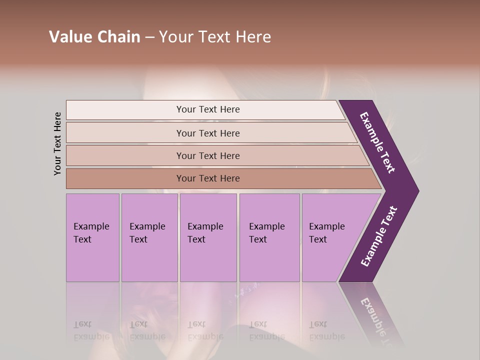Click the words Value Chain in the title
(x=94, y=37)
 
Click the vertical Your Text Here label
(x=58, y=143)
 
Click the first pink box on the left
(x=92, y=260)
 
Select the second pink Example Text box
(x=149, y=260)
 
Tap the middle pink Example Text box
(x=208, y=260)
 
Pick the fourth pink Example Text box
(x=269, y=260)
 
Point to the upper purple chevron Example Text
(x=378, y=142)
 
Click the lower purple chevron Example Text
(x=379, y=236)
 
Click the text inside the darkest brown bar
(x=208, y=178)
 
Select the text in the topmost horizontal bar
(x=208, y=109)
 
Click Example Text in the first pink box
(x=91, y=233)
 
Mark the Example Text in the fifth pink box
(x=326, y=233)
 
